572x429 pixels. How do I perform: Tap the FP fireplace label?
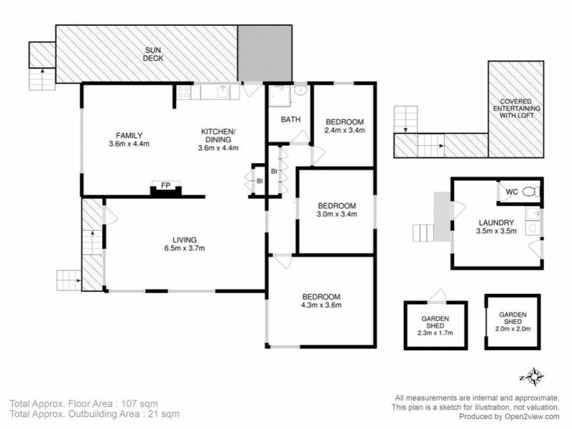pos(165,186)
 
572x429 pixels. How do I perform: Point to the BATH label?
pos(290,119)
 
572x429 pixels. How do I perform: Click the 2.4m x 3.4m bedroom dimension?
pos(345,130)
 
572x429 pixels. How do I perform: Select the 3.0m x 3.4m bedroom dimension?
pos(336,213)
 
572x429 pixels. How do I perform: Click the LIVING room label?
pos(184,240)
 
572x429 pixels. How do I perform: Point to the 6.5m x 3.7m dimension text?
pos(184,249)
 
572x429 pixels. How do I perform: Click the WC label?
pos(512,192)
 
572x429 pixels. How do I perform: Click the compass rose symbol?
pos(533,375)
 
